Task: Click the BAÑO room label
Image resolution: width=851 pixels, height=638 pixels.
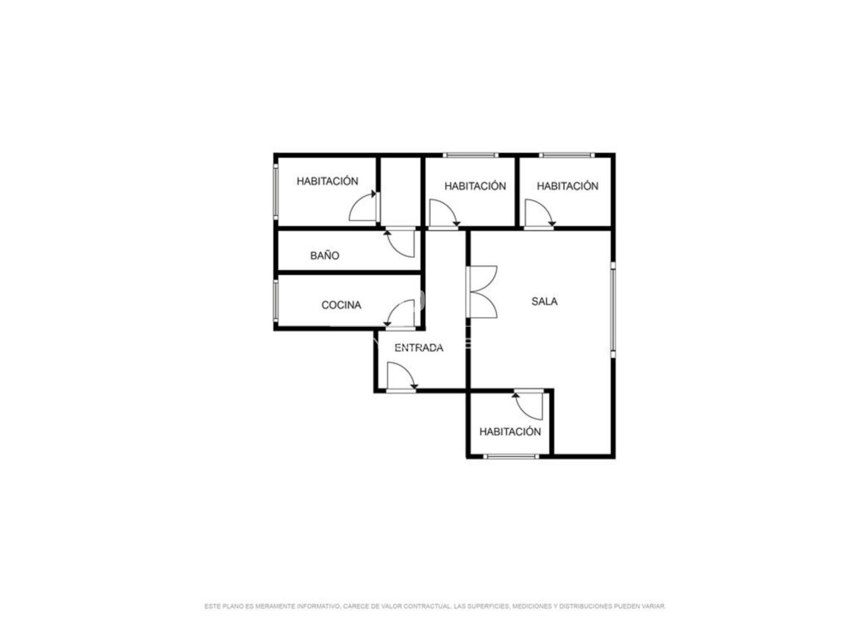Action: coord(324,256)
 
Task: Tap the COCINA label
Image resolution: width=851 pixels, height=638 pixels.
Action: coord(341,305)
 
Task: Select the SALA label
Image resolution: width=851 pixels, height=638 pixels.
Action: coord(544,301)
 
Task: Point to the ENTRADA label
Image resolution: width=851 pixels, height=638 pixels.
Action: coord(419,348)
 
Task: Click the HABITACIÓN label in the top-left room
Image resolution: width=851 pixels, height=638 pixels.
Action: coord(327,181)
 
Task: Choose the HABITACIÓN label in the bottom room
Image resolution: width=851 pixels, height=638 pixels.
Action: coord(510,432)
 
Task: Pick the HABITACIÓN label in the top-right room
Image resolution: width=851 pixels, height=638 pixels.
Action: coord(567,186)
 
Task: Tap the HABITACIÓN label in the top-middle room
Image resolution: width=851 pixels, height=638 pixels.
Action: coord(475,186)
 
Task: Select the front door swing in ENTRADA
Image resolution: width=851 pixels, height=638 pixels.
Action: coord(402,377)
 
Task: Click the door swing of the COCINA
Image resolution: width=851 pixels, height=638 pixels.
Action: coord(400,314)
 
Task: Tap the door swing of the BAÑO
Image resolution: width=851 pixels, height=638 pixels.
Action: coord(400,243)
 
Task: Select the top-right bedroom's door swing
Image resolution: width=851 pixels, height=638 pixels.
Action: coord(540,213)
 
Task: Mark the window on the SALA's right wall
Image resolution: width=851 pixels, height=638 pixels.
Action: coord(612,310)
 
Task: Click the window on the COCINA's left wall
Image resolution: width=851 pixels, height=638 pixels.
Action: coord(276,300)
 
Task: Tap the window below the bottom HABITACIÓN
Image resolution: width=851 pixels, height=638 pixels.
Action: coord(511,457)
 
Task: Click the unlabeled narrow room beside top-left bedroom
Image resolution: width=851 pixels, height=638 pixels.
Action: coord(400,192)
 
